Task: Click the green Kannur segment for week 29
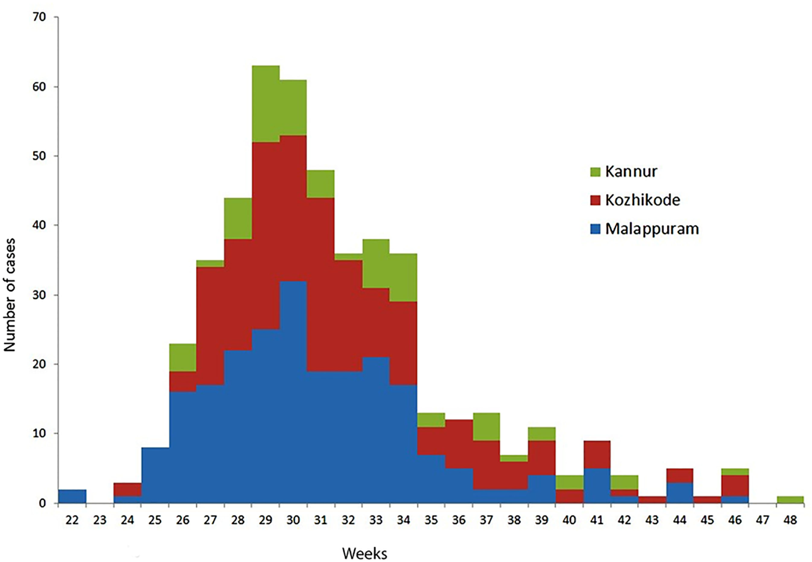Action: coord(265,104)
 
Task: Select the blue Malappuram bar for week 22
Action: coord(72,496)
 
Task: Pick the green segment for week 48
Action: coord(790,500)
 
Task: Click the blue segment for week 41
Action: coord(597,486)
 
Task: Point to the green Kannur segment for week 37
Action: coord(486,427)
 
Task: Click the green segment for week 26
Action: coord(183,358)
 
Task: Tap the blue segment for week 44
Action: coord(679,493)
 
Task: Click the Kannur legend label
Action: coord(630,172)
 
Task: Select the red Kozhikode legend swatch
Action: coord(595,200)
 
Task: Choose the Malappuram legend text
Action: coord(652,229)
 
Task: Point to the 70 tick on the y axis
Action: coord(39,17)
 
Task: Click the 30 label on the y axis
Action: coord(39,295)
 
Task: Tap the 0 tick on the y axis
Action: coord(42,503)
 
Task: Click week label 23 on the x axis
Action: coord(100,520)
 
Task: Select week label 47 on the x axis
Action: coord(762,520)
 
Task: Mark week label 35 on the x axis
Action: coord(431,520)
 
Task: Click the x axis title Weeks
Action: coord(365,553)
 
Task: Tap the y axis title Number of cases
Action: coord(10,295)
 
